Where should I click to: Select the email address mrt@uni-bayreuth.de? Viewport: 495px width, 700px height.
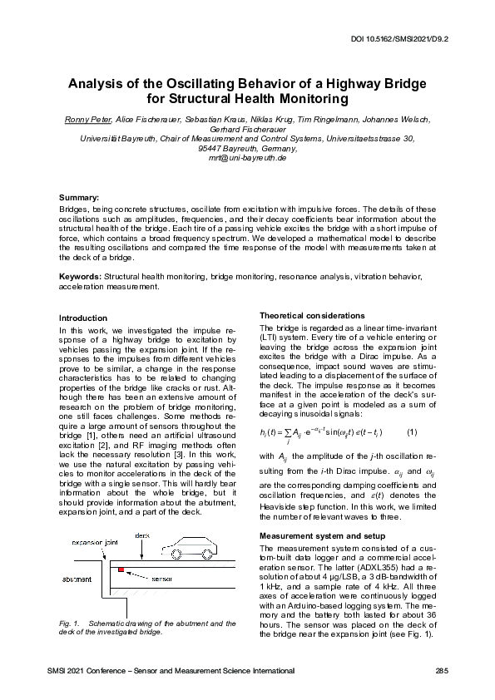click(247, 157)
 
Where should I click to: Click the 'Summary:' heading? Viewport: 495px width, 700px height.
click(79, 196)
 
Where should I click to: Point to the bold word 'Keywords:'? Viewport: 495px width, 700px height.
click(80, 275)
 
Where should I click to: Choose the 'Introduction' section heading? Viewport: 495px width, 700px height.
click(82, 318)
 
